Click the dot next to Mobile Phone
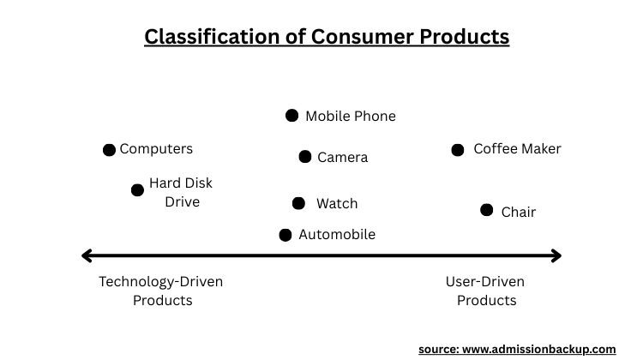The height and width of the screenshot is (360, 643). pos(291,115)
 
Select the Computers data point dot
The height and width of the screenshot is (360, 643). pos(109,150)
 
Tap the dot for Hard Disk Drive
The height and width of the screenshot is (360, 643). pos(137,189)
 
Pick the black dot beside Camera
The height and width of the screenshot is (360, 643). pos(304,156)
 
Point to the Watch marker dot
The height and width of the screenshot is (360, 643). pos(298,203)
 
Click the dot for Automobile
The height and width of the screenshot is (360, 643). pos(285,235)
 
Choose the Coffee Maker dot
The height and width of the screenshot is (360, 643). pos(458,150)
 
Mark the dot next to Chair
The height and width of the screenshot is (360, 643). pos(486,210)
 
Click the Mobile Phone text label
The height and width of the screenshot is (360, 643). pos(351,116)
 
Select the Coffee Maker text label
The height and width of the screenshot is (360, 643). pos(517,149)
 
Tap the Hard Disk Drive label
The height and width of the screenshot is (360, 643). pos(181,193)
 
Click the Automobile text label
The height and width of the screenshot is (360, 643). pos(337,235)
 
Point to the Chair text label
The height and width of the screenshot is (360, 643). pos(518,212)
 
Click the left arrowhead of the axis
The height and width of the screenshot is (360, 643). pos(86,255)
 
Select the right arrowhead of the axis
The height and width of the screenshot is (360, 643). pos(556,255)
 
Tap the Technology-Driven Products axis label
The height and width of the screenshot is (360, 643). pos(162,291)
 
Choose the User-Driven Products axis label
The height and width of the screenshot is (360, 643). pos(485,291)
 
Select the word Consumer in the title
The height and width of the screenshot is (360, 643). pos(364,37)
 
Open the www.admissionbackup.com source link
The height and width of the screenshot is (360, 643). pos(541,350)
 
